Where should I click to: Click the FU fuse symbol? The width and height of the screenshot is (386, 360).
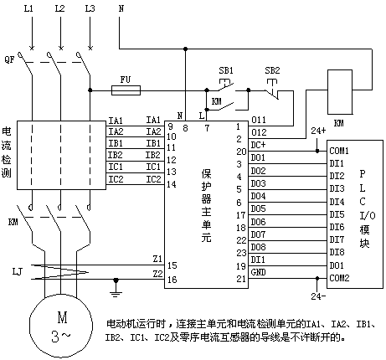click(x=126, y=90)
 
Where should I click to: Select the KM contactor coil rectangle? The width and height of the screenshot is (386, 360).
click(x=340, y=92)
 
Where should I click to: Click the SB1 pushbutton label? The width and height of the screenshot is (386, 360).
click(x=226, y=70)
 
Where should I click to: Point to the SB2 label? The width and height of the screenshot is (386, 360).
click(x=272, y=70)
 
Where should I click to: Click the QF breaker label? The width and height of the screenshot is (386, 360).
click(x=9, y=59)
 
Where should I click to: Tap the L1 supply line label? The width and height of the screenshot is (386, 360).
click(x=28, y=8)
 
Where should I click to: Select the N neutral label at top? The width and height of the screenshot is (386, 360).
click(x=121, y=8)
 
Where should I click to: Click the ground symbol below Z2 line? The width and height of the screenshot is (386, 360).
click(x=116, y=287)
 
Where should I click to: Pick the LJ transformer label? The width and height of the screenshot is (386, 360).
click(x=17, y=271)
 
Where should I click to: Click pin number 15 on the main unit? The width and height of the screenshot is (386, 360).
click(x=172, y=265)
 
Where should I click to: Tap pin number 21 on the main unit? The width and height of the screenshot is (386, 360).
click(x=241, y=279)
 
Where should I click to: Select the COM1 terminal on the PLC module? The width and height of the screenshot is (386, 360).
click(x=339, y=151)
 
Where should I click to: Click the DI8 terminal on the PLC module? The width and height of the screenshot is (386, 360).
click(x=337, y=252)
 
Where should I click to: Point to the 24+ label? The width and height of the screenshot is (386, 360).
click(x=318, y=131)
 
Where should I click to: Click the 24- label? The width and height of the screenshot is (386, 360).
click(x=318, y=296)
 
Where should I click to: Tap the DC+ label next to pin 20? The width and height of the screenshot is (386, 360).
click(x=258, y=145)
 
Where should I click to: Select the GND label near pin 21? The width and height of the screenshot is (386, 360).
click(x=258, y=272)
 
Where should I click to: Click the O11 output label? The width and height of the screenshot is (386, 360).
click(x=259, y=120)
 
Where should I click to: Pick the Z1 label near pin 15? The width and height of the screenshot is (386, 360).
click(x=157, y=259)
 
